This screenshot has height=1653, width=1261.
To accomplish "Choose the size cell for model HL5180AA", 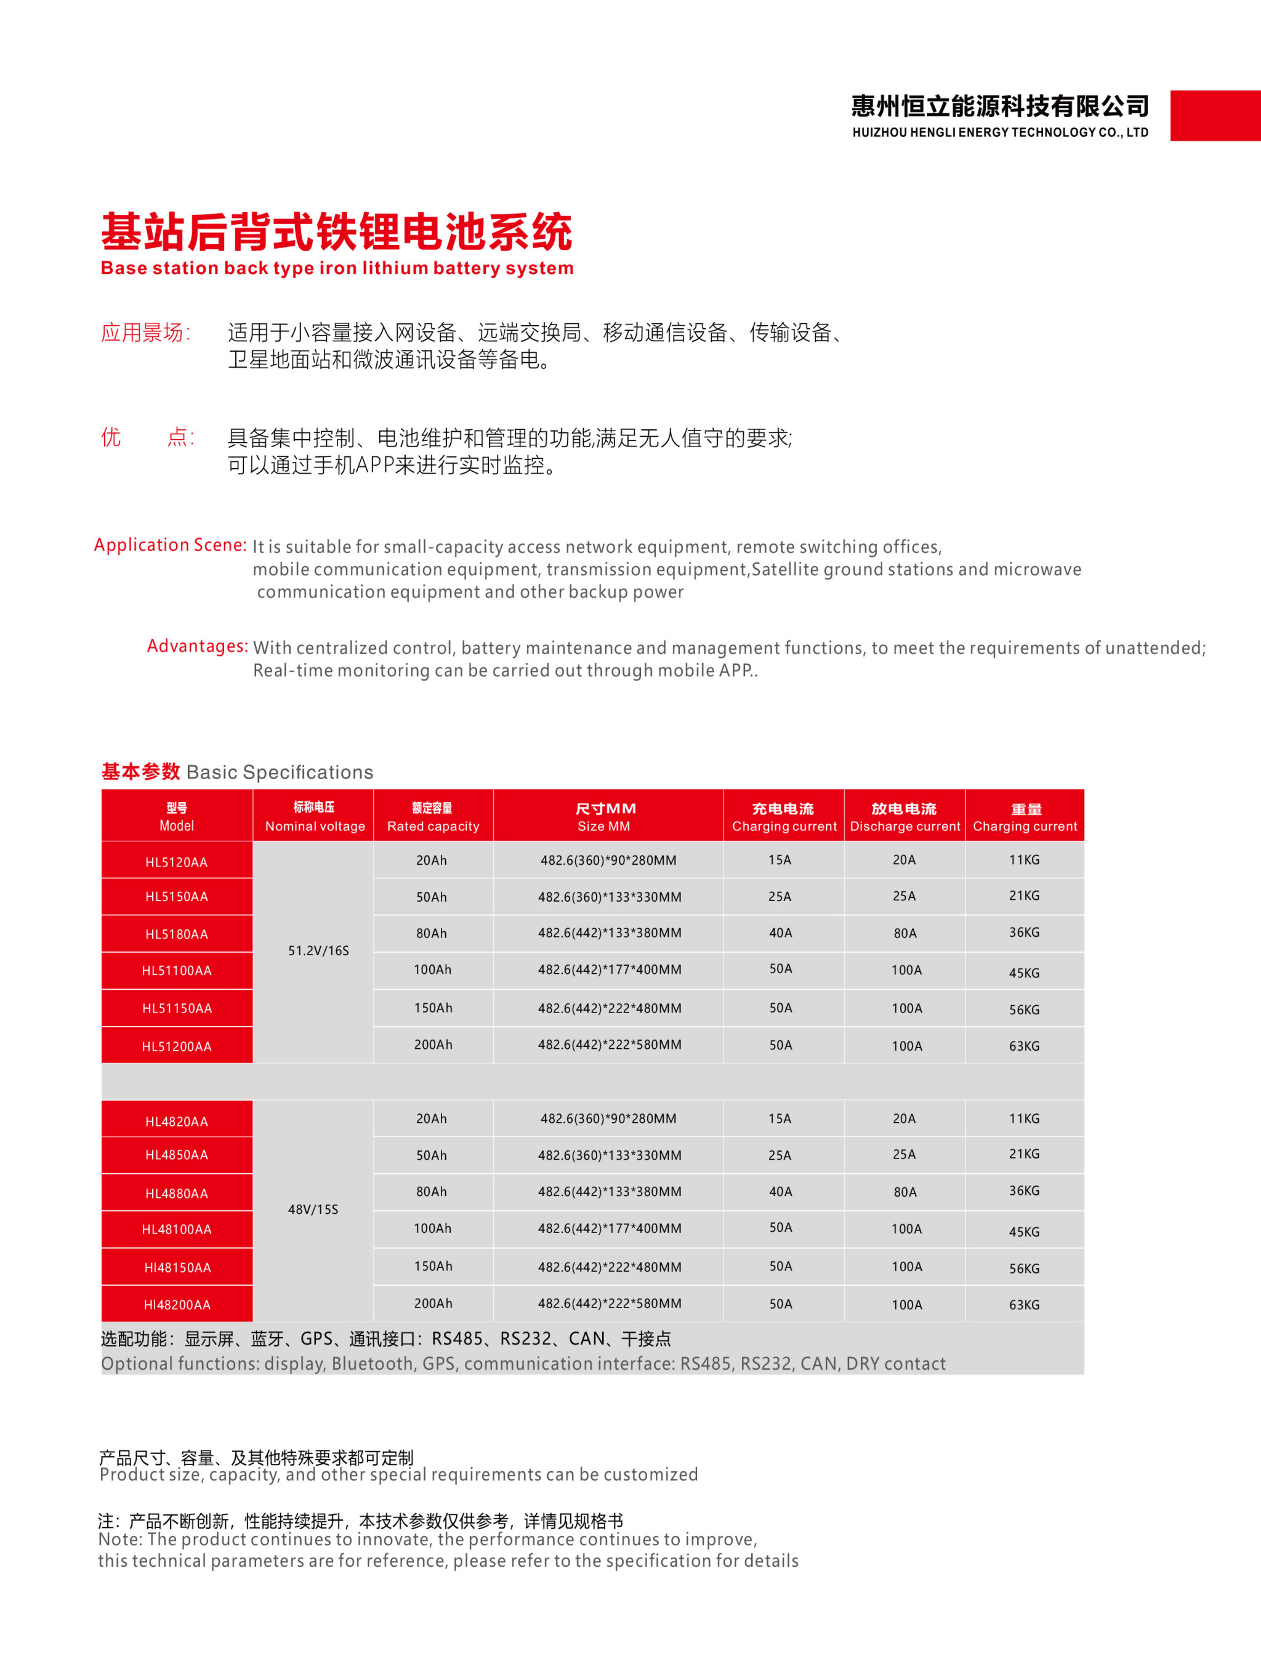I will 610,933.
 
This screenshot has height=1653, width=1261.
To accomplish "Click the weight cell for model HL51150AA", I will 1024,1009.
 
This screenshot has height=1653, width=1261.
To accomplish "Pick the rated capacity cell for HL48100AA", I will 432,1228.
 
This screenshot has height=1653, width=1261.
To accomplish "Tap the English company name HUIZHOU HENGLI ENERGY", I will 1000,133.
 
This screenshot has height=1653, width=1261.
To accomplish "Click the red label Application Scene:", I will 171,545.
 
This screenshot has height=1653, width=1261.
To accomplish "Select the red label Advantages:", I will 198,645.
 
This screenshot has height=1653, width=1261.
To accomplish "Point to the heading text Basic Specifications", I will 279,772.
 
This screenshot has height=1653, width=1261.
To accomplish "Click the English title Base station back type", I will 337,268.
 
